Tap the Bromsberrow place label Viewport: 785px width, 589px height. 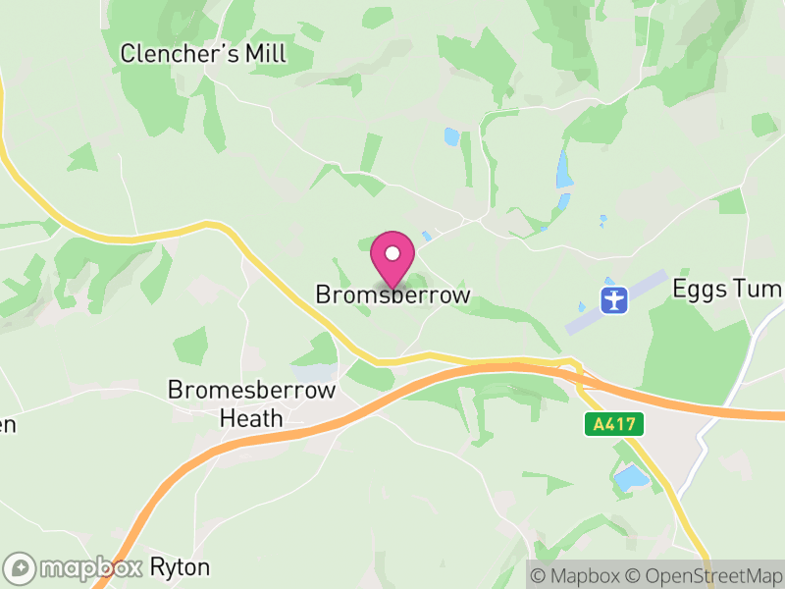click(392, 294)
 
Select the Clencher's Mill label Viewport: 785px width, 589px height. click(203, 53)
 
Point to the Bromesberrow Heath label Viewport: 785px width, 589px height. click(251, 403)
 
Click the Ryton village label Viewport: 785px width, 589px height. click(180, 567)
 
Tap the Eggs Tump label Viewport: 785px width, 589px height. click(727, 290)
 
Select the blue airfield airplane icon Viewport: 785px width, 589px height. click(614, 299)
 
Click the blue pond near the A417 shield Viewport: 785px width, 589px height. click(630, 478)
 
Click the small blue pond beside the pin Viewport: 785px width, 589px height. click(425, 237)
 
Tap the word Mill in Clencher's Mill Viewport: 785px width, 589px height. click(264, 53)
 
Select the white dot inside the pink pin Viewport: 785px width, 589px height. click(392, 254)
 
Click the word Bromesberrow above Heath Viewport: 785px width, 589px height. click(251, 390)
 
